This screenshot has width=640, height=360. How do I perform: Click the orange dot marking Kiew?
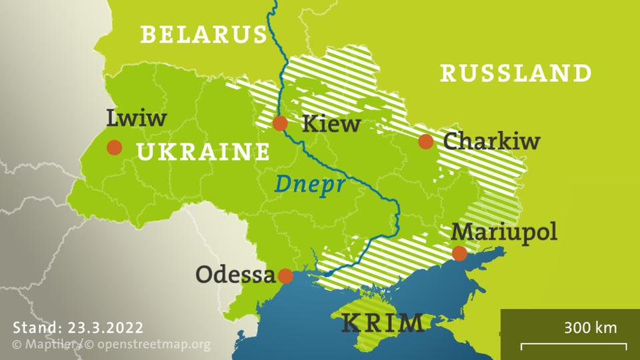(x=280, y=123)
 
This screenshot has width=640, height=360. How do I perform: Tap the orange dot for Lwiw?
(x=115, y=147)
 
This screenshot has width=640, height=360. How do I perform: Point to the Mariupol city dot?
(x=459, y=253)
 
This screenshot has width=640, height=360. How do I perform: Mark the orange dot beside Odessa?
(x=285, y=276)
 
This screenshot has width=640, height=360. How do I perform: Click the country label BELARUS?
(x=203, y=35)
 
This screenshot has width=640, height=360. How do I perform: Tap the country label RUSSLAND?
(x=516, y=73)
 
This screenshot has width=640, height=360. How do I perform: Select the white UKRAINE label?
(x=203, y=153)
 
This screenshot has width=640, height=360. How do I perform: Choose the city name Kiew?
(x=331, y=123)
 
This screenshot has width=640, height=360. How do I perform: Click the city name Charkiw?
(x=491, y=141)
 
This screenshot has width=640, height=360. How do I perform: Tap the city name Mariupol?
(x=503, y=231)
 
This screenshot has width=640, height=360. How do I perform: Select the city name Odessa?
(x=235, y=275)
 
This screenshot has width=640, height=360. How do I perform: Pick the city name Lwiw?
(x=136, y=119)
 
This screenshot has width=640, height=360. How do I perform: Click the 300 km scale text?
(x=590, y=327)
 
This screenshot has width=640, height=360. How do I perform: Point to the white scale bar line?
(x=573, y=345)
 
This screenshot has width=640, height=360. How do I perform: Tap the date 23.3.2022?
(x=105, y=327)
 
